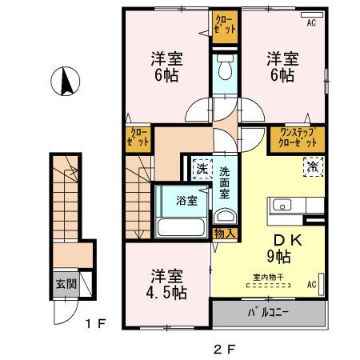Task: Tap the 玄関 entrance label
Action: point(63,282)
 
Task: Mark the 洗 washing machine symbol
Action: point(199,169)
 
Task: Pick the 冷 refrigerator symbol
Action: point(311,168)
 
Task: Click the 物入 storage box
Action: point(225,234)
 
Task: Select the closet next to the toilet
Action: point(226,24)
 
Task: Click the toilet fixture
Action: point(225,69)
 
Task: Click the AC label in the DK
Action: point(310,284)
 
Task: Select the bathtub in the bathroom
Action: point(180,226)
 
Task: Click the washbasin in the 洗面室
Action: point(225,215)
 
